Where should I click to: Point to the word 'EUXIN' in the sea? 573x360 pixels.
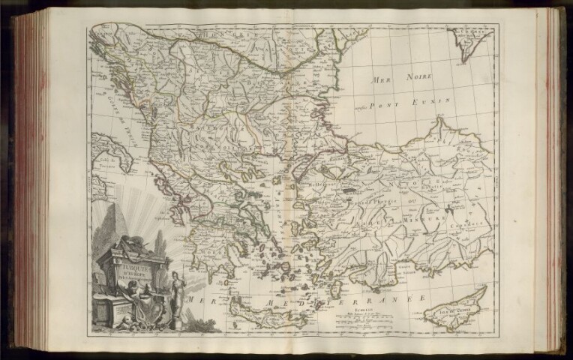pyautogui.click(x=433, y=99)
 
